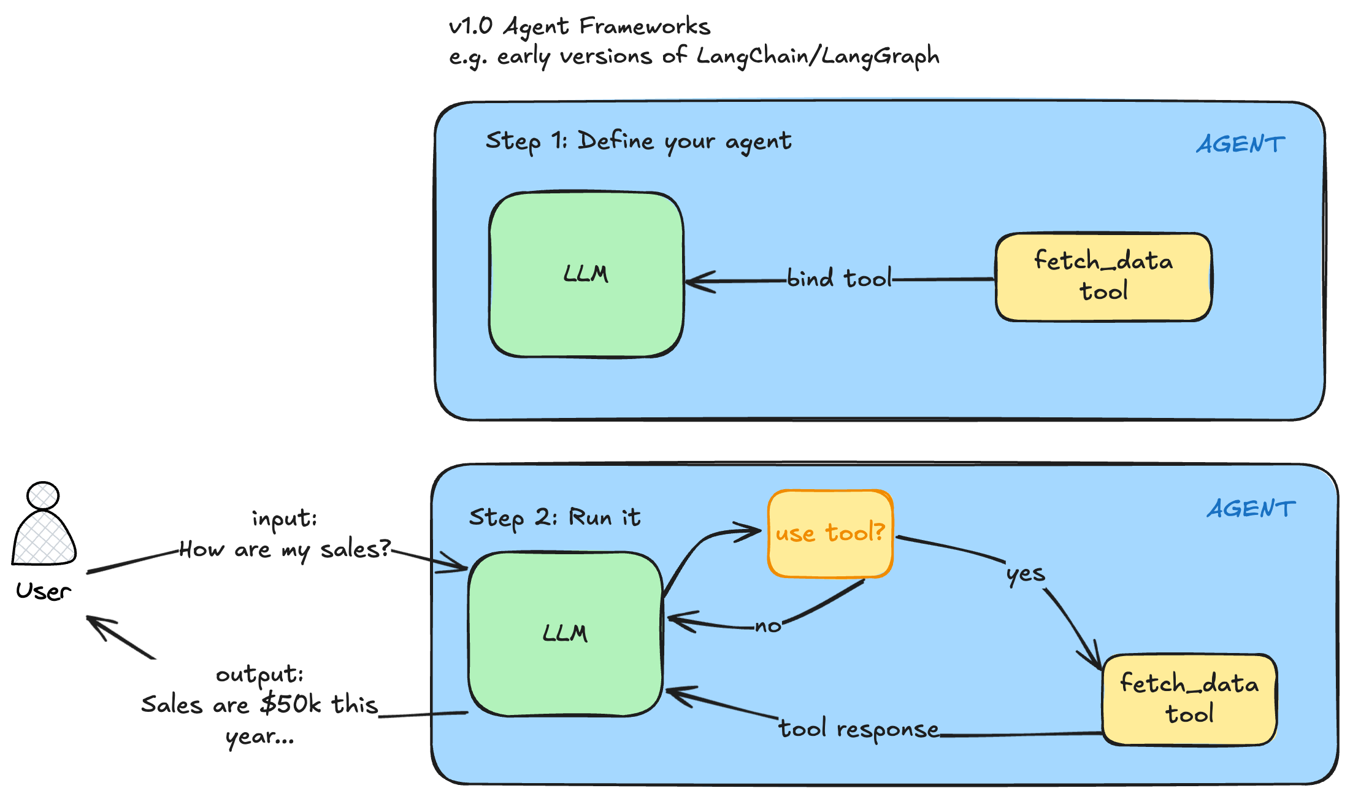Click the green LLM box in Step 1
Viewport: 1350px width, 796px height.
[x=586, y=274]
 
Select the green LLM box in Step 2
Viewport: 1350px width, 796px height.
[x=565, y=633]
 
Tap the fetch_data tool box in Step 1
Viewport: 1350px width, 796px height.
[x=1103, y=277]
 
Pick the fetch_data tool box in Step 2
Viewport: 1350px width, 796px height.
[x=1189, y=700]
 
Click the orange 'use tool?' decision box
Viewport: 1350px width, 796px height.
[x=830, y=533]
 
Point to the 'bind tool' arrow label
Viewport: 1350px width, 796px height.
[x=838, y=279]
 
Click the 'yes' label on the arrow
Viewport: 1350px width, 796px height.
[x=1025, y=574]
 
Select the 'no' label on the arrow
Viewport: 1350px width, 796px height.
[x=767, y=627]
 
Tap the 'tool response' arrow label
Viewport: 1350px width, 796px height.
[x=859, y=729]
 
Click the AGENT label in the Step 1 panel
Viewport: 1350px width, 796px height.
[x=1240, y=145]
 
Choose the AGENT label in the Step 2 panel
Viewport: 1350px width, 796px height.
[x=1251, y=509]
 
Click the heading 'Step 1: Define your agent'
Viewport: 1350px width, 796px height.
[x=638, y=142]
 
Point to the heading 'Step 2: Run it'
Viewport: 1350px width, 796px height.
[x=554, y=517]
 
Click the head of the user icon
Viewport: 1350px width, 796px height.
[x=43, y=495]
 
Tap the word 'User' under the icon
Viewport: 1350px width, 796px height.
[x=43, y=591]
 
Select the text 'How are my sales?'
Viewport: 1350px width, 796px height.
[x=285, y=549]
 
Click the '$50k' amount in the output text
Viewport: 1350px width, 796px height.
[x=290, y=704]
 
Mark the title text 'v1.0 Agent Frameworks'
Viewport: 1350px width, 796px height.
[x=579, y=26]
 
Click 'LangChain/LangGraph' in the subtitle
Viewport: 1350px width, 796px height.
[x=818, y=56]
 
